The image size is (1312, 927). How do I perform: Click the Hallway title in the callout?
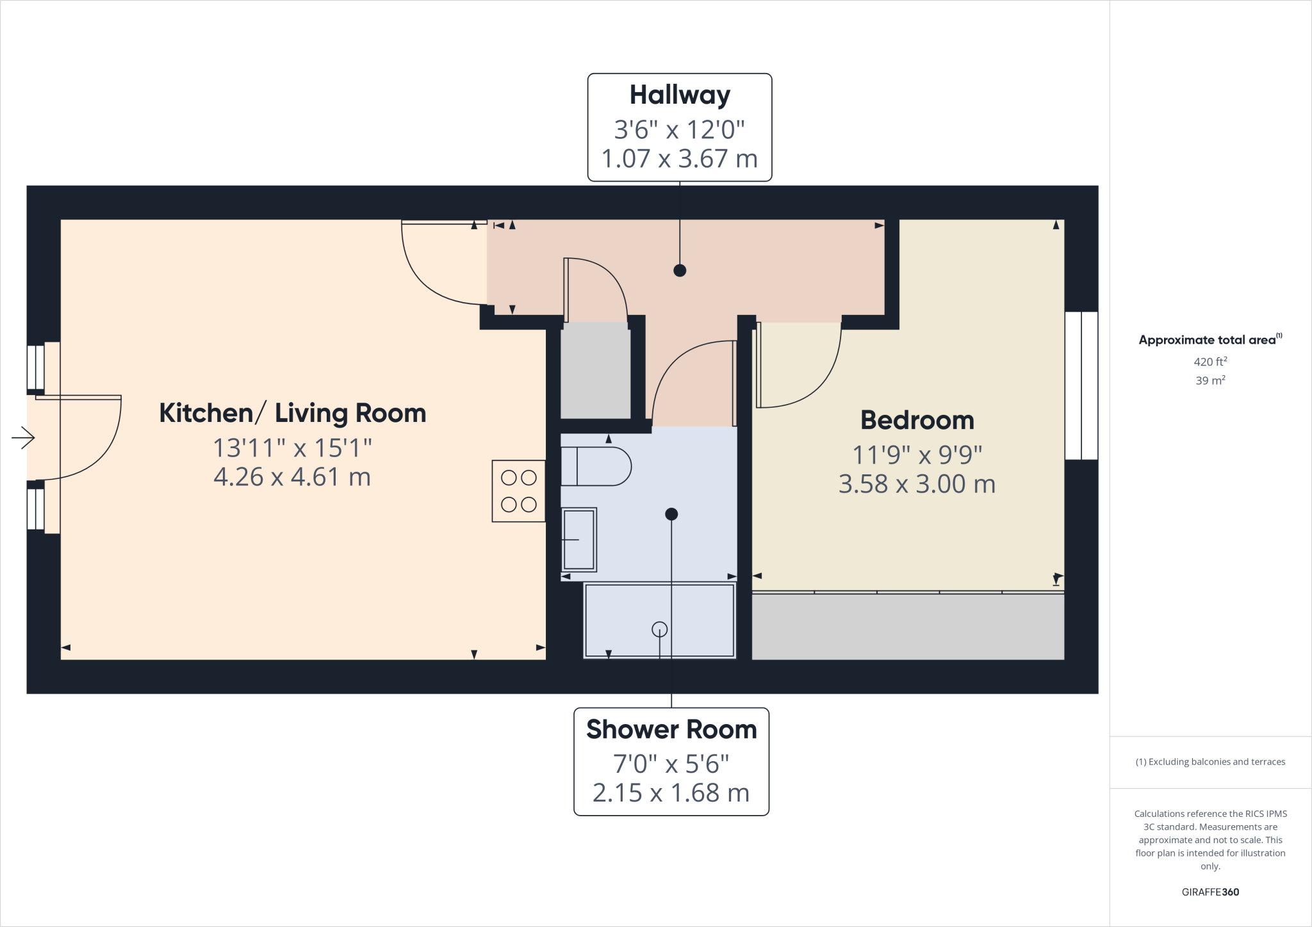(680, 95)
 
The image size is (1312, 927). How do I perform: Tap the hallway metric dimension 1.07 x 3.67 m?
(680, 159)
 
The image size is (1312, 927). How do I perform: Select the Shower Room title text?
(671, 730)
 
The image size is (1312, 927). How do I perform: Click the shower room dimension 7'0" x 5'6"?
(671, 764)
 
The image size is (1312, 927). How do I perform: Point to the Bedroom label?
(917, 421)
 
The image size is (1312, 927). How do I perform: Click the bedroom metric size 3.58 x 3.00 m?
(917, 485)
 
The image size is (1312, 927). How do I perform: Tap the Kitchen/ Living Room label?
(292, 414)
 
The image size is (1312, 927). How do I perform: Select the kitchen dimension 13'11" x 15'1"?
(292, 448)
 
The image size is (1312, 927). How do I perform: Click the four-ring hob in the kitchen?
(518, 491)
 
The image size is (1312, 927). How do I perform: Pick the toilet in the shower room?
(595, 467)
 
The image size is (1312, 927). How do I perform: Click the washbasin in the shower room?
(579, 540)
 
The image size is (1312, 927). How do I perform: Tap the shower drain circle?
(659, 629)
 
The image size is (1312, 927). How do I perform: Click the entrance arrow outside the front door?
(23, 438)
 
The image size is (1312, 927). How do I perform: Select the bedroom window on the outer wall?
(1081, 385)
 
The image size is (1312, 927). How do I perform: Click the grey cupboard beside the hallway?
(595, 371)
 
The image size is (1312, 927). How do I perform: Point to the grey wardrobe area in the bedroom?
(907, 627)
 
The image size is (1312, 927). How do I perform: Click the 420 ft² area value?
(1210, 362)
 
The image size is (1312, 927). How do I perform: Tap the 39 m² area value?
(1210, 380)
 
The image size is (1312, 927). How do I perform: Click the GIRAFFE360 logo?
(1210, 892)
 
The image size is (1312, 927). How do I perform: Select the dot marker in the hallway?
(680, 270)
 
